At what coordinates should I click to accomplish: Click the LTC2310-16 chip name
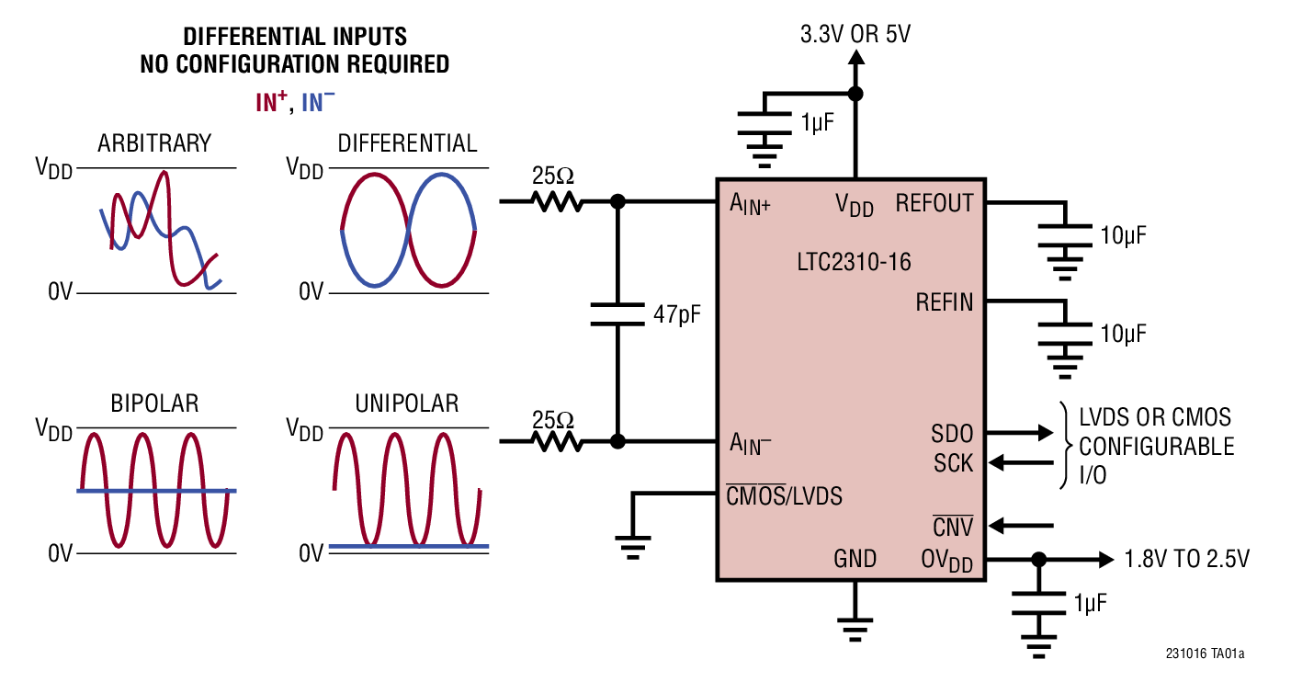pyautogui.click(x=854, y=262)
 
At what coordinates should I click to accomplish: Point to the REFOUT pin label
pyautogui.click(x=934, y=203)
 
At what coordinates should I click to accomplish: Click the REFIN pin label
pyautogui.click(x=944, y=301)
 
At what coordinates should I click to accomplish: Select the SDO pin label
pyautogui.click(x=952, y=432)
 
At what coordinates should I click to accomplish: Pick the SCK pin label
pyautogui.click(x=952, y=463)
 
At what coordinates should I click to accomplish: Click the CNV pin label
pyautogui.click(x=953, y=527)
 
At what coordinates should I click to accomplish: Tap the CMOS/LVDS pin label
pyautogui.click(x=784, y=496)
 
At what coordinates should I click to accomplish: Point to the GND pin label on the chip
pyautogui.click(x=855, y=559)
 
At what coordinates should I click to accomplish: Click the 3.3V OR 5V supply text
pyautogui.click(x=855, y=36)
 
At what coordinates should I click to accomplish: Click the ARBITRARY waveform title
pyautogui.click(x=154, y=144)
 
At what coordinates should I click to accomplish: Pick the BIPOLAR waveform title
pyautogui.click(x=154, y=404)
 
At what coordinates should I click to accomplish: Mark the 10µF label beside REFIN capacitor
pyautogui.click(x=1123, y=334)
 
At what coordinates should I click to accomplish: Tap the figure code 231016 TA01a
pyautogui.click(x=1205, y=654)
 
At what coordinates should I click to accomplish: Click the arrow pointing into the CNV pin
pyautogui.click(x=1025, y=527)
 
